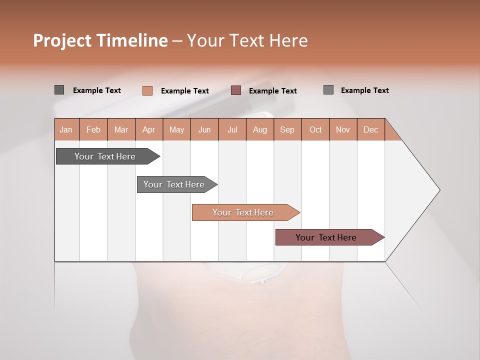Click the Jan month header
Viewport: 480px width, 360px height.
[x=66, y=129]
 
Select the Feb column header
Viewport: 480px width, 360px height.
[x=93, y=129]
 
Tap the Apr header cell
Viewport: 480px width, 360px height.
[x=149, y=129]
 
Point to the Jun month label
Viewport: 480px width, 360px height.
[x=204, y=129]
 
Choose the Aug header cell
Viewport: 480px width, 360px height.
[x=260, y=129]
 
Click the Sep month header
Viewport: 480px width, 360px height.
[x=287, y=129]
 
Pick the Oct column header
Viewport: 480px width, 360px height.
[x=315, y=129]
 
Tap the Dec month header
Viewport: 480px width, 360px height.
[x=371, y=129]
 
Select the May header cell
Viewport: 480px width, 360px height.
[x=176, y=129]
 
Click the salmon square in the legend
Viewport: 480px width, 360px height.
[x=147, y=90]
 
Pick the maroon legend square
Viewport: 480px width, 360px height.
[x=236, y=90]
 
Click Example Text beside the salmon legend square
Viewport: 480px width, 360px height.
[x=185, y=91]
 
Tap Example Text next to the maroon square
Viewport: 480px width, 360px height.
[x=273, y=91]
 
